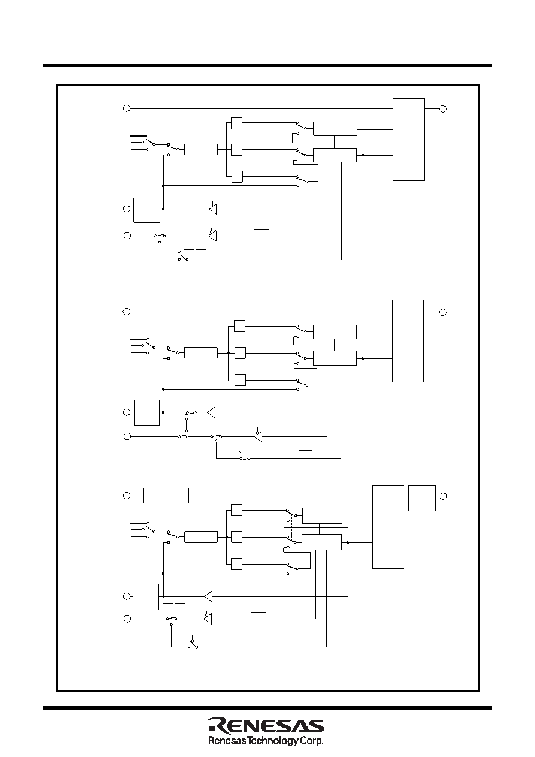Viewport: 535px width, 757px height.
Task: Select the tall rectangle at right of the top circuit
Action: tap(408, 140)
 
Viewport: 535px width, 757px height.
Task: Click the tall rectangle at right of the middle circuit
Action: tap(408, 341)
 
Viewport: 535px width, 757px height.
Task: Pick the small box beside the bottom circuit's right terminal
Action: tap(422, 499)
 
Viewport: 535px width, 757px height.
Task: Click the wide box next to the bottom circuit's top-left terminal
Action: tap(166, 496)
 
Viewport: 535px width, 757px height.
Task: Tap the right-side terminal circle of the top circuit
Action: tap(443, 109)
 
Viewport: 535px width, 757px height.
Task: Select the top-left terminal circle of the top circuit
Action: tap(126, 108)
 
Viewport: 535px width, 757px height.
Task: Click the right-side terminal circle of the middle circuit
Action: tap(443, 312)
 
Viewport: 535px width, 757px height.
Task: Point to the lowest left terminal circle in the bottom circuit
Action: tap(127, 619)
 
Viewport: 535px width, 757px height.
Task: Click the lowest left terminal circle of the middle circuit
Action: tap(127, 436)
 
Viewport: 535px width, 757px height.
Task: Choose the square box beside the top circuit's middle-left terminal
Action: tap(146, 210)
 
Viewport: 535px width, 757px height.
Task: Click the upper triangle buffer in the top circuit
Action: tap(212, 209)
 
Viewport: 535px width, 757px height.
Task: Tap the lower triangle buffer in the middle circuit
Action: tap(258, 436)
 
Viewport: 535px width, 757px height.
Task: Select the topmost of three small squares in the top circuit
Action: tap(236, 123)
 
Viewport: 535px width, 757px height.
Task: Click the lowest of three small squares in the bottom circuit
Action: tap(236, 564)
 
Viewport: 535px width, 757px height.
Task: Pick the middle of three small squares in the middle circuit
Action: tap(240, 353)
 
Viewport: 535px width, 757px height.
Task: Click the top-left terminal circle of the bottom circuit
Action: tap(126, 496)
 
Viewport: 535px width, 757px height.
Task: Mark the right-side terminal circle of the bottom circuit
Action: tap(443, 496)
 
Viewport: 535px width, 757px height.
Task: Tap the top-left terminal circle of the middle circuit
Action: tap(126, 312)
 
